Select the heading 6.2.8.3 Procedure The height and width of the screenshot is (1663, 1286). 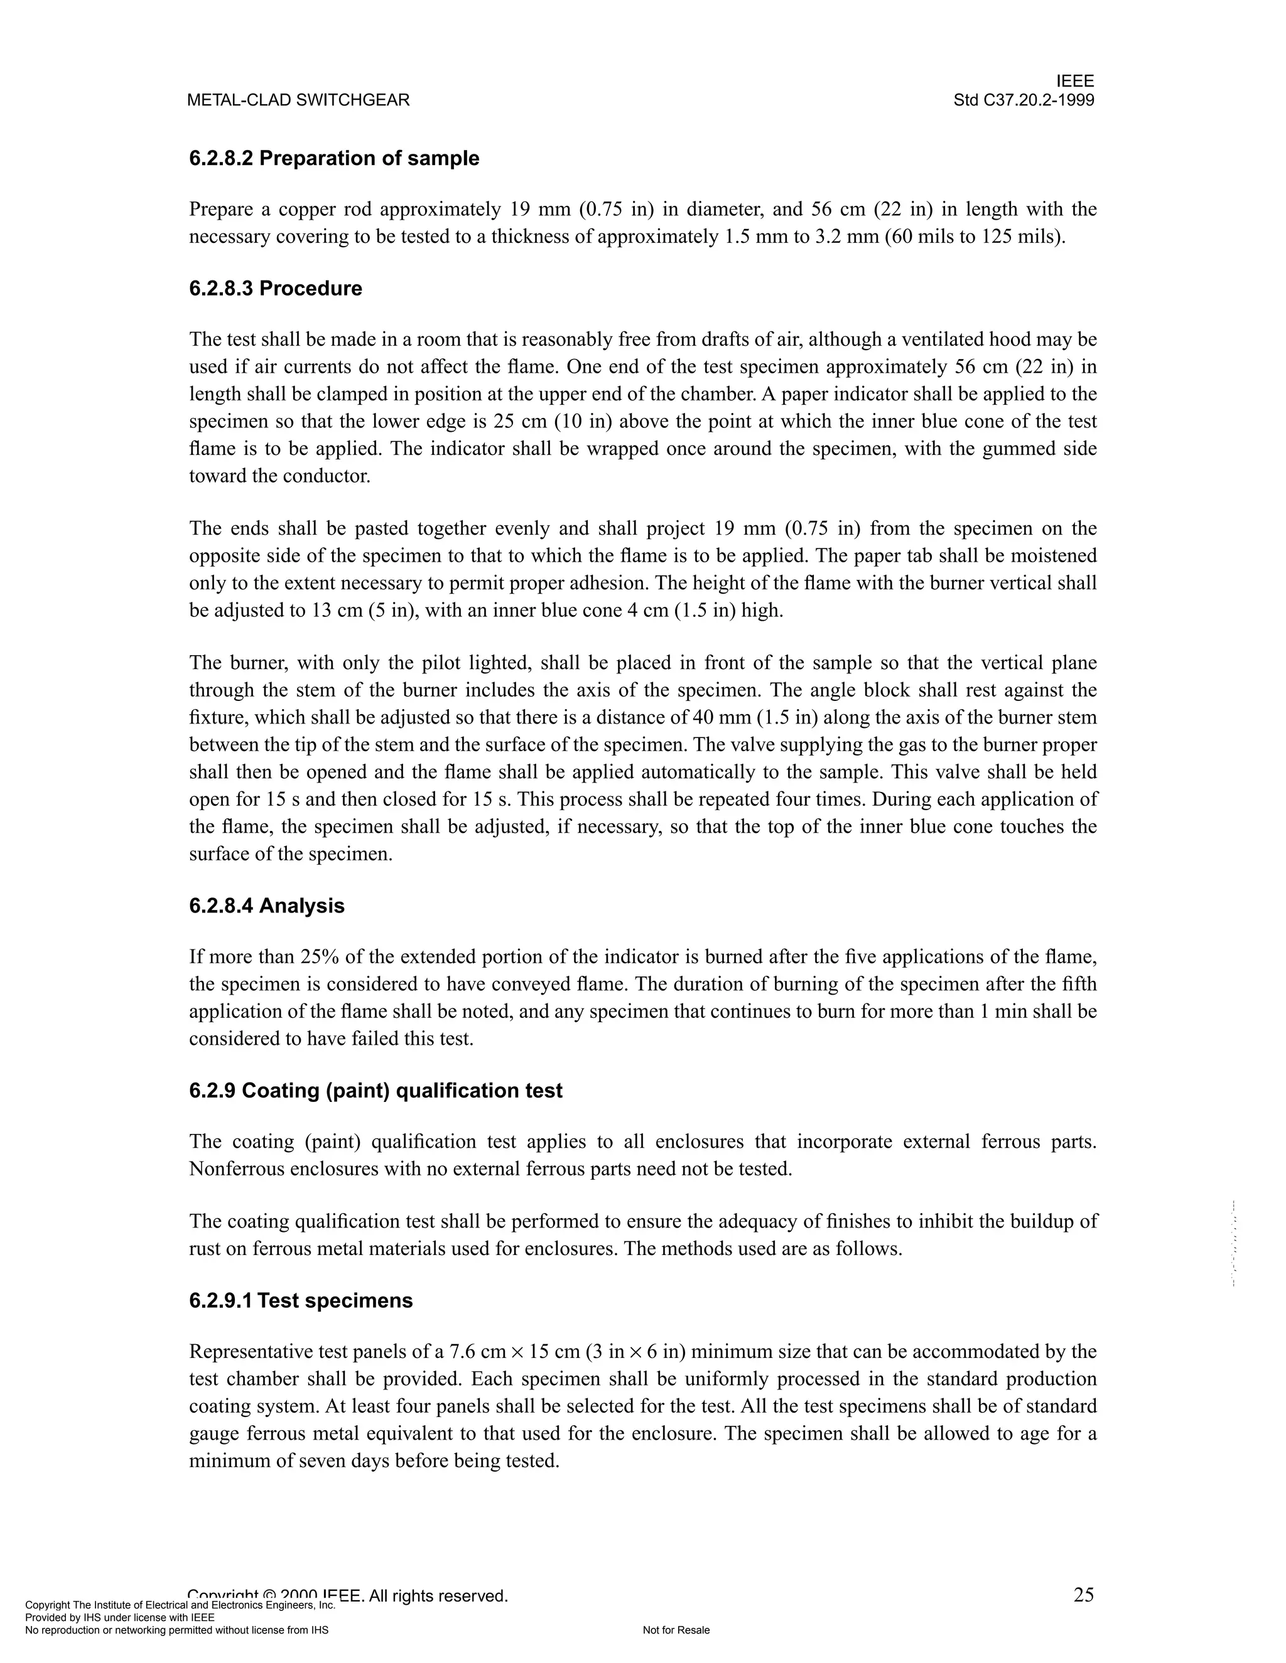(x=275, y=289)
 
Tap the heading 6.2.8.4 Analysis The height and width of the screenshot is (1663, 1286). (x=267, y=906)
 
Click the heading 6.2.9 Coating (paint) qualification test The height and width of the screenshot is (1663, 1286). (x=376, y=1091)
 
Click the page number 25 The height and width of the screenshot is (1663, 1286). (x=1083, y=1595)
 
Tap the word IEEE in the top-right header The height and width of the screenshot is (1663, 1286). (x=1075, y=82)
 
